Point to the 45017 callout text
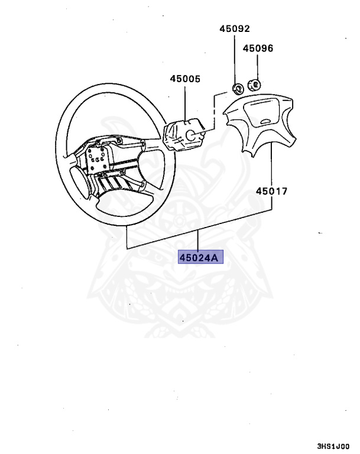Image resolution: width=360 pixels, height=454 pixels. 271,191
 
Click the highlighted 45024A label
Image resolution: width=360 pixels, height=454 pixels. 201,257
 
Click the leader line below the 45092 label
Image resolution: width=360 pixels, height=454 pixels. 235,59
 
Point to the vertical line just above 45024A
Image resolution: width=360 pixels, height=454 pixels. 200,241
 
